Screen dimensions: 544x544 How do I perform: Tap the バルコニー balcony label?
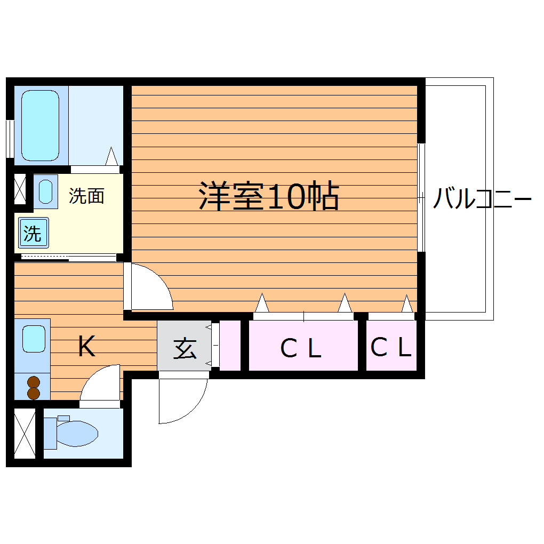click(x=482, y=199)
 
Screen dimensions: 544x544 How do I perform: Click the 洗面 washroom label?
click(x=86, y=196)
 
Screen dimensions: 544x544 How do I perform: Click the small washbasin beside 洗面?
click(x=45, y=191)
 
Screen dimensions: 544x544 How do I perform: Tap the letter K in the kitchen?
click(x=86, y=347)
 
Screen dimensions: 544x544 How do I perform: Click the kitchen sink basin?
click(x=33, y=339)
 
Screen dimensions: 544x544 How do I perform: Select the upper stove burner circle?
click(x=34, y=382)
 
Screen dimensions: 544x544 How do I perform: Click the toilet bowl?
click(x=77, y=433)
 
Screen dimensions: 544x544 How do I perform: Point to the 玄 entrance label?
click(x=185, y=349)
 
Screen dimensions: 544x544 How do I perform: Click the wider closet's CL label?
click(x=301, y=349)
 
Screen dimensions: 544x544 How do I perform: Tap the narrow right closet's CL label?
click(x=391, y=348)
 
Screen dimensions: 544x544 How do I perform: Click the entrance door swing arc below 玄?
click(x=184, y=400)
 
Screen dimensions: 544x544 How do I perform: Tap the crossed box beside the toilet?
click(x=24, y=433)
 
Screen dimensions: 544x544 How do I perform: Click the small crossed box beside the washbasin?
click(x=20, y=189)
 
